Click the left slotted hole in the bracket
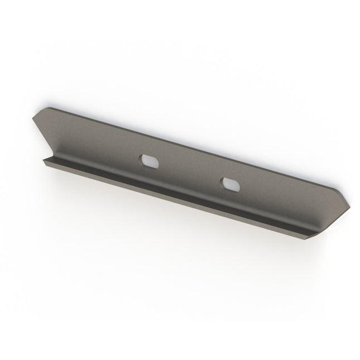148,160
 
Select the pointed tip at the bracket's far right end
351,205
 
